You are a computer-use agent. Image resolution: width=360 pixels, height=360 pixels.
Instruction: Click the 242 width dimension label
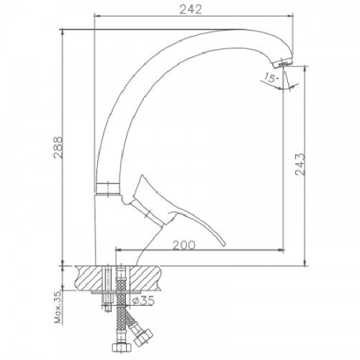coord(191,9)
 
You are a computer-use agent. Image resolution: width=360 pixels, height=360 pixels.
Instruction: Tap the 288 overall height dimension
coord(58,148)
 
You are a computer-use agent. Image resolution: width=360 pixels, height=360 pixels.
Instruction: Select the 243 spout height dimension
coord(300,164)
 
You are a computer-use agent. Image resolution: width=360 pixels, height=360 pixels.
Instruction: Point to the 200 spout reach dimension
coord(184,246)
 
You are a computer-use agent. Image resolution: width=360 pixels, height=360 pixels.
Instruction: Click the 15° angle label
coord(271,78)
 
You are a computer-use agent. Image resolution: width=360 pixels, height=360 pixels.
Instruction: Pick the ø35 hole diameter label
coord(143,300)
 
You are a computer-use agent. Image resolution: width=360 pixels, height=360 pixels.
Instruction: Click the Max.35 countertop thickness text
coord(58,307)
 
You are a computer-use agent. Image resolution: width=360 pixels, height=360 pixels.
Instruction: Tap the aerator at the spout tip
coord(283,63)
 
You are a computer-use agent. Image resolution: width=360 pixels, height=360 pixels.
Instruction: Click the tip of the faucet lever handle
coord(224,244)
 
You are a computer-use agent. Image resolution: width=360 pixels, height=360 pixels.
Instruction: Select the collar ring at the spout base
coord(108,189)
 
